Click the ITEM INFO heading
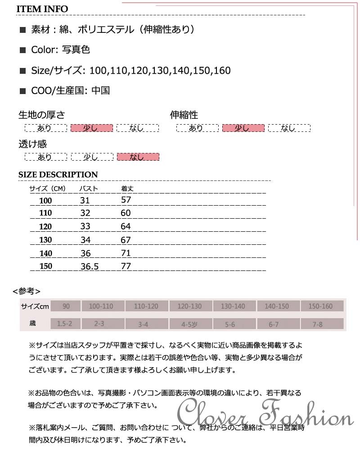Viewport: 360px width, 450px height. tap(43, 9)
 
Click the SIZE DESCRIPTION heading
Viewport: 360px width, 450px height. tap(58, 175)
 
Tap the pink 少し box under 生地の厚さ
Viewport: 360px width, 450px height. tap(91, 128)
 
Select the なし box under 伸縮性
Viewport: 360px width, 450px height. tap(289, 128)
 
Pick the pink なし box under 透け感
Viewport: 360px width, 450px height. tap(138, 157)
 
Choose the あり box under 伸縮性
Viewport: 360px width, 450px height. tap(197, 128)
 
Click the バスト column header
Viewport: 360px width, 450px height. tap(89, 189)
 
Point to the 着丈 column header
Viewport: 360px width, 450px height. tap(128, 189)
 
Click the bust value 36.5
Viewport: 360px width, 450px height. tap(89, 266)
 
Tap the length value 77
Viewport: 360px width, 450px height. tap(126, 266)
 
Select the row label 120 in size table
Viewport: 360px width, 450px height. tap(46, 226)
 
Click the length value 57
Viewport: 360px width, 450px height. tap(126, 200)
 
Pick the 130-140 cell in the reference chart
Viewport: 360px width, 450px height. tap(233, 306)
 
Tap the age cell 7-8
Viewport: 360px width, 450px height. tap(318, 324)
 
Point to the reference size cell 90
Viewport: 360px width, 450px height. tap(66, 306)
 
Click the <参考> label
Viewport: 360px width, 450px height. tap(27, 291)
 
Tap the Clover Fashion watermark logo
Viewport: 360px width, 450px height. tap(266, 410)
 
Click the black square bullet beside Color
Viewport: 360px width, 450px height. tap(23, 50)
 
